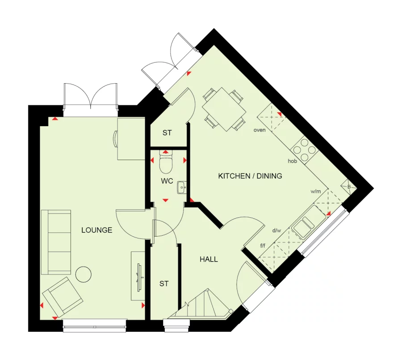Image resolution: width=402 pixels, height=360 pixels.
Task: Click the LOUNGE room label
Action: tap(96, 230)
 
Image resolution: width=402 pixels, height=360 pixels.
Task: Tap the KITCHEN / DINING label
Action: tap(250, 176)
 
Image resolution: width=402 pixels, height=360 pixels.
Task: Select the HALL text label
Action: tap(209, 259)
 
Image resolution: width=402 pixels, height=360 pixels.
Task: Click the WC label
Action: tap(167, 182)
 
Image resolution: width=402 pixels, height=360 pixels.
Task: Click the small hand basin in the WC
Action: tap(181, 187)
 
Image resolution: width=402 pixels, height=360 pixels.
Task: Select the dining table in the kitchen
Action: tap(223, 108)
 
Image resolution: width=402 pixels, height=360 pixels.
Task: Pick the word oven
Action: tap(260, 130)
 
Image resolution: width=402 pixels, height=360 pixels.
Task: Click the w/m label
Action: tap(316, 191)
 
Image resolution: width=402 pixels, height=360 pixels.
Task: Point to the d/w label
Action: tap(276, 231)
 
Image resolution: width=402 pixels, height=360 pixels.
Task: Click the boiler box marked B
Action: tap(349, 187)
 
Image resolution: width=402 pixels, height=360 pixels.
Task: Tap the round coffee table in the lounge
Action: tap(83, 274)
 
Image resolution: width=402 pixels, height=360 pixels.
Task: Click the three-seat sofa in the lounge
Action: tap(56, 242)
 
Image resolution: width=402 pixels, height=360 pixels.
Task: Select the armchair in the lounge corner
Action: tap(62, 296)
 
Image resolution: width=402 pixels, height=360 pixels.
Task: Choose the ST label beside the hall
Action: tap(164, 284)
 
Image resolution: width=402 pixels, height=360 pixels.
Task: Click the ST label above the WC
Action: tap(167, 133)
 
